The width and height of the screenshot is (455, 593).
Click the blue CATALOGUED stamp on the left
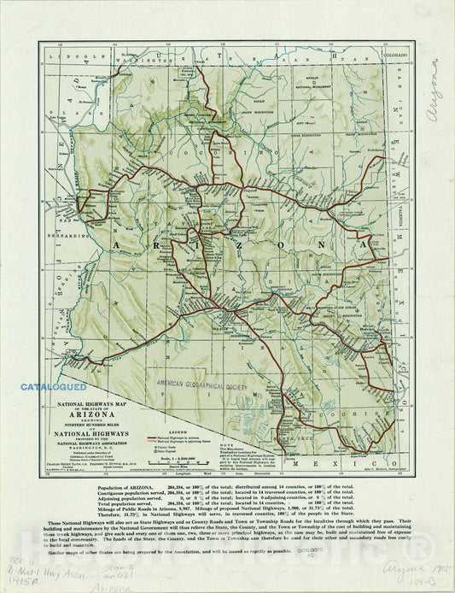pyautogui.click(x=54, y=387)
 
